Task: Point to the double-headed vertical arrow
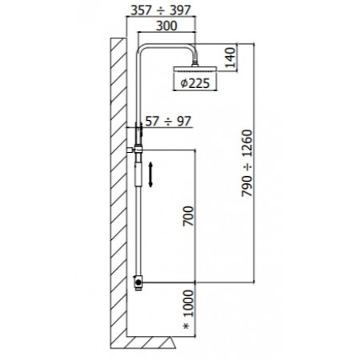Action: (x=150, y=173)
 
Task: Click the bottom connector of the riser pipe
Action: (x=138, y=282)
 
